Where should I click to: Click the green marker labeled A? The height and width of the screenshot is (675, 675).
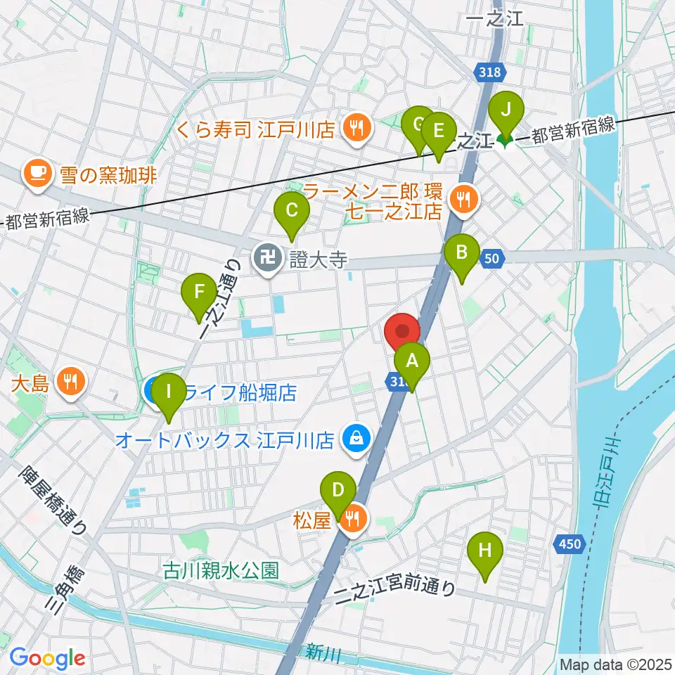[x=412, y=362]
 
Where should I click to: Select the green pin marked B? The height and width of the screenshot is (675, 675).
[x=462, y=253]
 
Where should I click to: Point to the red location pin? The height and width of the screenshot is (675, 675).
[x=403, y=332]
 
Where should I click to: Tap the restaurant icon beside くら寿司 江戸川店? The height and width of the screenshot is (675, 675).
[x=357, y=128]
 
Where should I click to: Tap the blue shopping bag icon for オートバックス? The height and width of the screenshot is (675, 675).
[x=354, y=441]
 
